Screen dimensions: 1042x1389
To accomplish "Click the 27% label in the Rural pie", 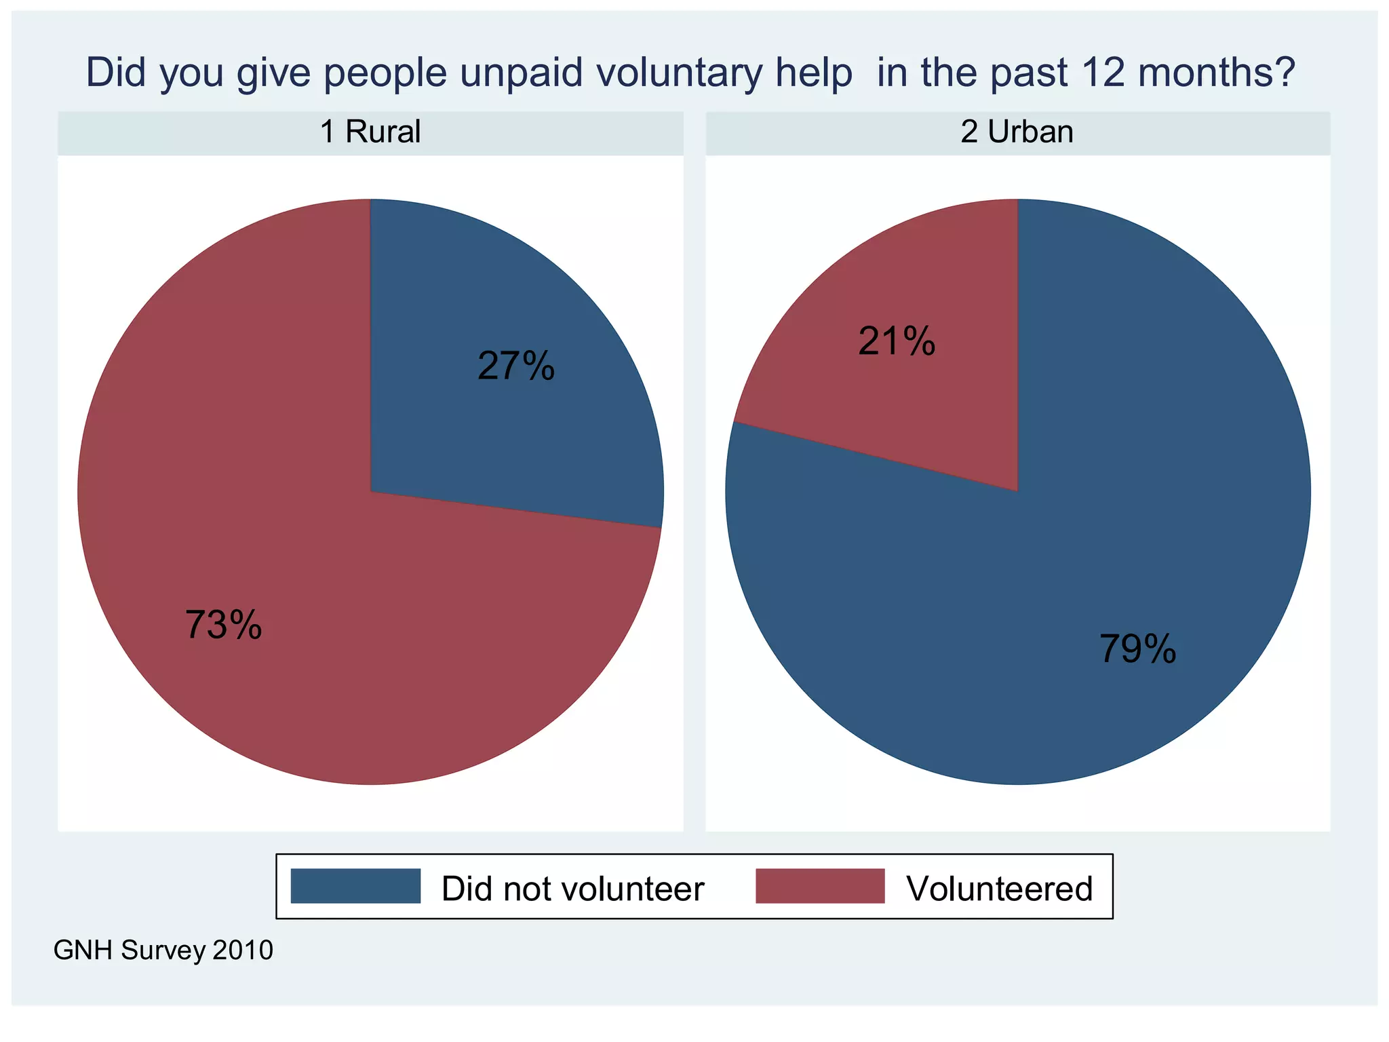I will coord(516,366).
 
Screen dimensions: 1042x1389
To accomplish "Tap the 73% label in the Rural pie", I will coord(223,625).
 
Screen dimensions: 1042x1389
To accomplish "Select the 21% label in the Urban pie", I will coord(897,341).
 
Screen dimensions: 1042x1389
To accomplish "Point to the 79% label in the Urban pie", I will coord(1137,649).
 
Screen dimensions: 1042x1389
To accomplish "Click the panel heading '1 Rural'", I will coord(370,132).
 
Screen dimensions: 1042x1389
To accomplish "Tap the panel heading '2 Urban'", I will coord(1017,132).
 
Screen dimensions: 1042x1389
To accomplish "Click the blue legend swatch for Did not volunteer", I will coord(355,886).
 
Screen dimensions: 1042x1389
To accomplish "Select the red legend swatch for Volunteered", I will coord(820,886).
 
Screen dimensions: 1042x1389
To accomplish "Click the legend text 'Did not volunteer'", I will coord(572,889).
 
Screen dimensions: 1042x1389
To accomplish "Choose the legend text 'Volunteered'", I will coord(999,889).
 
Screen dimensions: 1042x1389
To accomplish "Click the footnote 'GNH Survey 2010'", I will coord(163,950).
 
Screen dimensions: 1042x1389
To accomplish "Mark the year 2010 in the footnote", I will coord(243,950).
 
